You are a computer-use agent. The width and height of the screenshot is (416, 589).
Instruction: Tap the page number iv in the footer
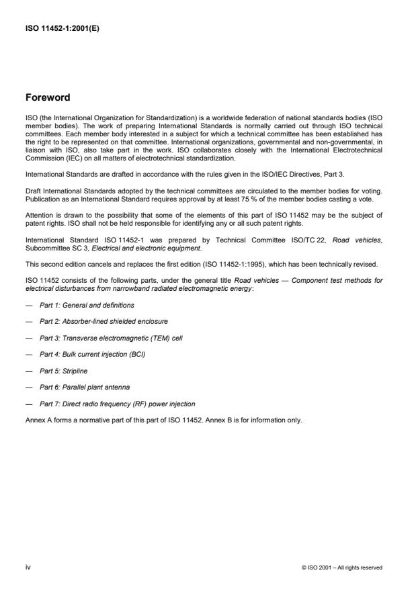coord(28,568)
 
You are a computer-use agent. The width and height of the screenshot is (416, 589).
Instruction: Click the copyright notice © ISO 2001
coord(341,568)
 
